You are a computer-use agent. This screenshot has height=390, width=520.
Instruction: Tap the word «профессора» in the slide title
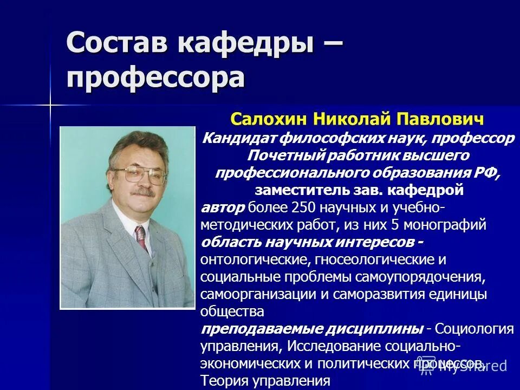[156, 77]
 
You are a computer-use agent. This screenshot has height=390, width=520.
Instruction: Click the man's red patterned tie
[141, 235]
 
